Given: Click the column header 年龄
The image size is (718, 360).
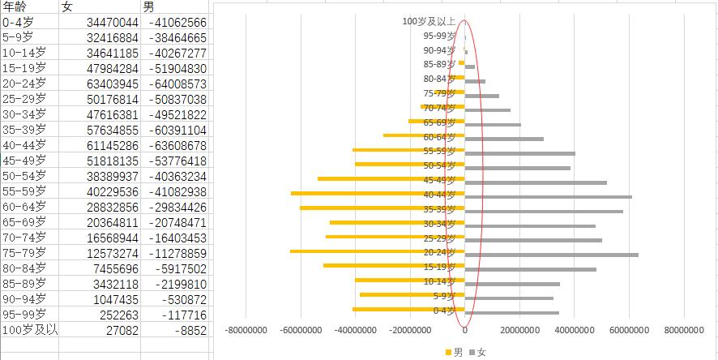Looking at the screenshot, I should (x=15, y=7).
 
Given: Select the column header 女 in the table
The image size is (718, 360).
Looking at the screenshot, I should (x=67, y=7).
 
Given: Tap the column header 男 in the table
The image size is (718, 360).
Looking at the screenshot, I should (x=149, y=7).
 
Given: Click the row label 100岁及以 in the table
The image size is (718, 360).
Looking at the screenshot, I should (x=29, y=330).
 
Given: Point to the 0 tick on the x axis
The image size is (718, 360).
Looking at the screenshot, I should (x=465, y=330).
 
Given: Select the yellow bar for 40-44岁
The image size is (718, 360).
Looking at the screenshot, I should (x=378, y=194).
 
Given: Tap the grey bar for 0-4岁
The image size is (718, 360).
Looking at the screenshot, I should (x=511, y=312).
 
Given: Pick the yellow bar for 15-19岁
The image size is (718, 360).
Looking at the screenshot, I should (x=394, y=266).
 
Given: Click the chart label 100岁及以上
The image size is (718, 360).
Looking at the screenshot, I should (x=429, y=22).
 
